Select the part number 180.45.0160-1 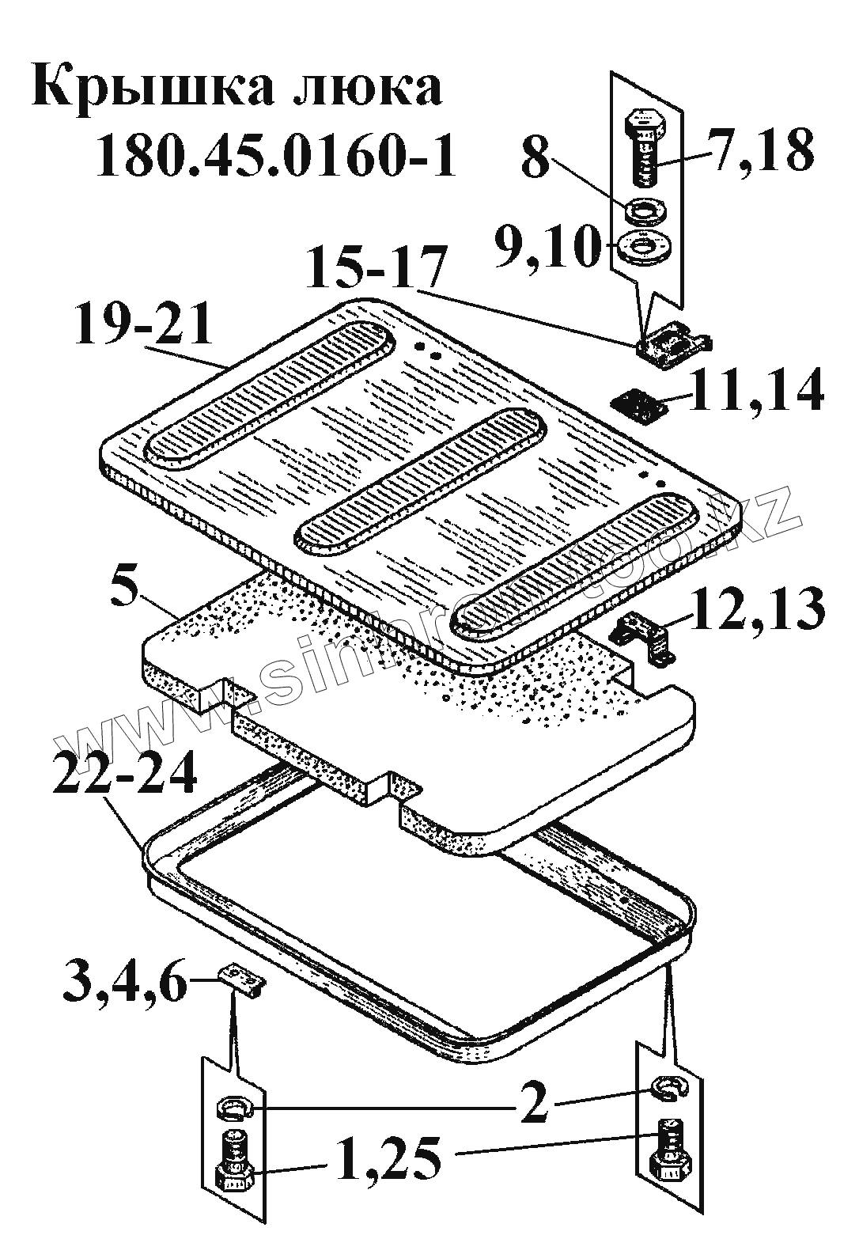tap(274, 156)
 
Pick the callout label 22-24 tap(126, 768)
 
